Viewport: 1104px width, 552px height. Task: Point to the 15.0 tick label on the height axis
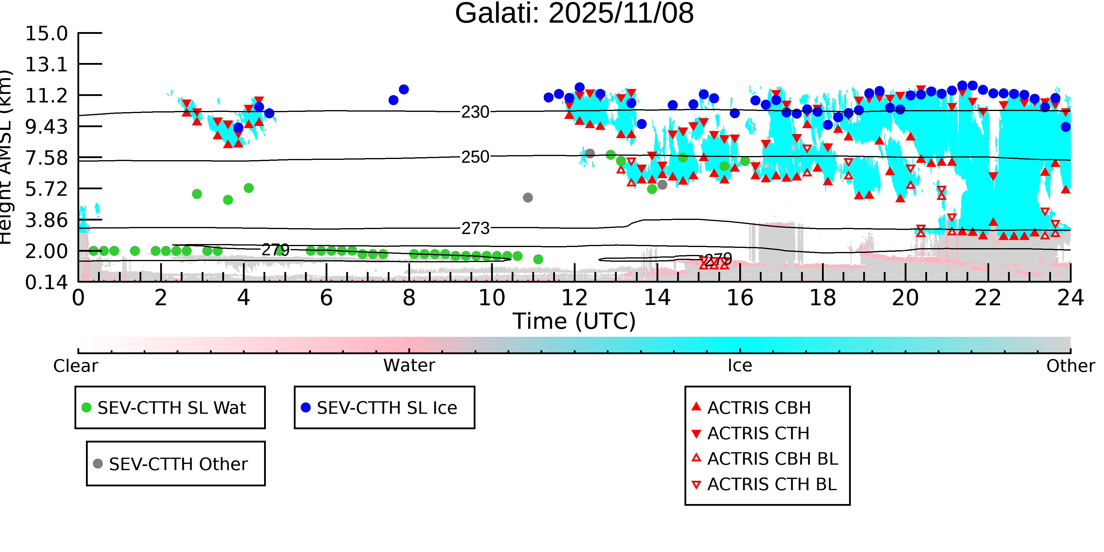pyautogui.click(x=46, y=34)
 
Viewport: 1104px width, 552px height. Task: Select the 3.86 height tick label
pyautogui.click(x=46, y=220)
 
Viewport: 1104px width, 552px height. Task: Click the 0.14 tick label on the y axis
pyautogui.click(x=46, y=282)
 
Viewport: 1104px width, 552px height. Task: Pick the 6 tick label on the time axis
pyautogui.click(x=326, y=298)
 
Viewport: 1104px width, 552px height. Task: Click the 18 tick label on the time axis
pyautogui.click(x=823, y=298)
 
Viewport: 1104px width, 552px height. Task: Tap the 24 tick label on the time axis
pyautogui.click(x=1070, y=298)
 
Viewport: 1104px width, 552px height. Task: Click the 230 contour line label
pyautogui.click(x=475, y=112)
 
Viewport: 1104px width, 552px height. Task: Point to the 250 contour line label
pyautogui.click(x=475, y=157)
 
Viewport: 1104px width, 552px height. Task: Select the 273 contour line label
pyautogui.click(x=475, y=228)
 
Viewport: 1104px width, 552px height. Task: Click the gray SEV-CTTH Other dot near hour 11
pyautogui.click(x=528, y=198)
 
